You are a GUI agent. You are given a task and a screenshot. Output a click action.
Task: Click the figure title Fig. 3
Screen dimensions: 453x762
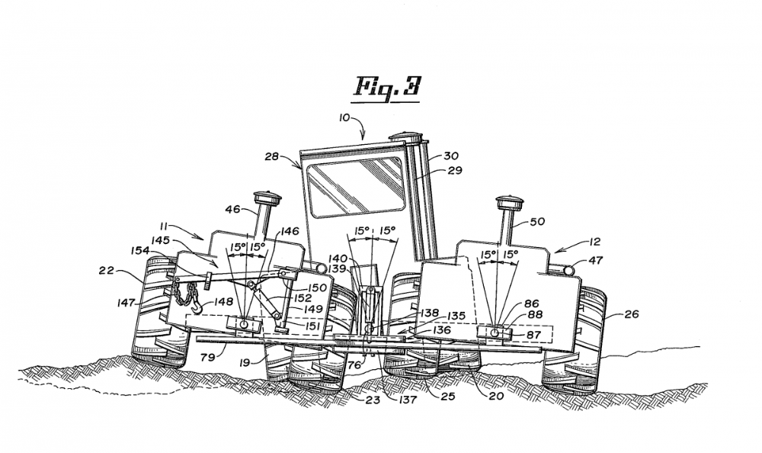click(x=386, y=86)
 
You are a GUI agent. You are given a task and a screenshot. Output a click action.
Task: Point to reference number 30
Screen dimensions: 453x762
click(x=454, y=156)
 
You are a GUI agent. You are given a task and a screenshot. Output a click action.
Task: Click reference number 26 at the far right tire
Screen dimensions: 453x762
click(x=632, y=313)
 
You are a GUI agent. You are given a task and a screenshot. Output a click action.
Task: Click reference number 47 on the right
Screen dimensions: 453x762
click(x=597, y=259)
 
